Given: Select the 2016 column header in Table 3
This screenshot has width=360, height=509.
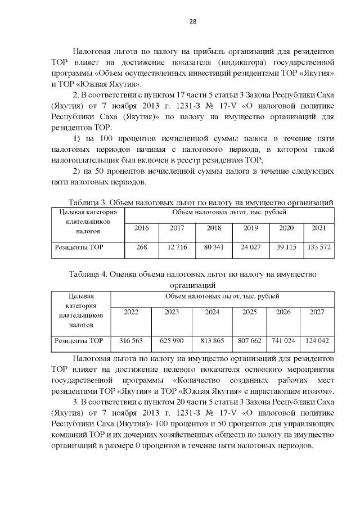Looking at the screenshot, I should click(x=142, y=228).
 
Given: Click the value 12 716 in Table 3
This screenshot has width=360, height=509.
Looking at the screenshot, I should click(x=177, y=247).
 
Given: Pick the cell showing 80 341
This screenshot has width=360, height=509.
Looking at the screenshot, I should click(x=214, y=247).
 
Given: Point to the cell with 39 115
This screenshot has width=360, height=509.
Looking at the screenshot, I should click(x=286, y=247).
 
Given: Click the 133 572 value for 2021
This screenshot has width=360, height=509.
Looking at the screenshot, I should click(x=318, y=247).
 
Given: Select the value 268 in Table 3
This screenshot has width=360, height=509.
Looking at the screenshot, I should click(x=142, y=247).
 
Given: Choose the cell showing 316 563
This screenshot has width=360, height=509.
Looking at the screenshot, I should click(x=131, y=340).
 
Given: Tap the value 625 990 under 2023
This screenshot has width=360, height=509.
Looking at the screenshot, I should click(x=172, y=340).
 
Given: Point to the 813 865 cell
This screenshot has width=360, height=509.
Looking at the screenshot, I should click(x=212, y=340).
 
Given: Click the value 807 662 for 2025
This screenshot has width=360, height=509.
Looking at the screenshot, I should click(x=249, y=340).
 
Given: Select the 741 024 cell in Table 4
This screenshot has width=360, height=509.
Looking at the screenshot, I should click(x=283, y=340).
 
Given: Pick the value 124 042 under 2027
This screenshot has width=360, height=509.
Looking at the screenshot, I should click(x=317, y=340).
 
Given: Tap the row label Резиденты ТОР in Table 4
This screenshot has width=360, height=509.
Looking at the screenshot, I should click(x=78, y=340).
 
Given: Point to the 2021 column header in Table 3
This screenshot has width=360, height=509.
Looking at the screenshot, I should click(x=318, y=228).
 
